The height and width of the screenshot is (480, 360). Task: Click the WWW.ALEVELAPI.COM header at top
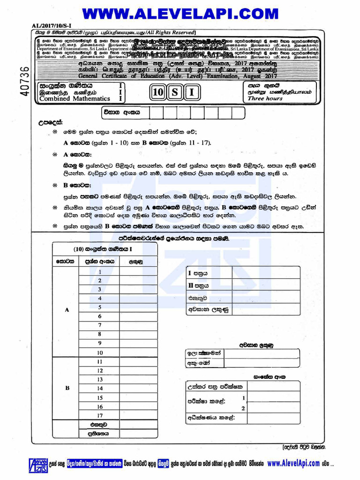click(180, 12)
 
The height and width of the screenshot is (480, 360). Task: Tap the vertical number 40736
click(25, 82)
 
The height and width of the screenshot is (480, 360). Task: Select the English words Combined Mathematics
click(75, 99)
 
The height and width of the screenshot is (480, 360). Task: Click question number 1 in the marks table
click(99, 272)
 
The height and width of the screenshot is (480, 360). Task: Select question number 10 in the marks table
click(99, 352)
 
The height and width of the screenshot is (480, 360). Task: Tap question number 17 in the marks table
click(99, 415)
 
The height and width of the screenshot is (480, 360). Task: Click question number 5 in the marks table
click(99, 307)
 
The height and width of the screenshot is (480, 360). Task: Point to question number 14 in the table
click(99, 389)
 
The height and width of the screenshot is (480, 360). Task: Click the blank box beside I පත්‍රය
click(266, 272)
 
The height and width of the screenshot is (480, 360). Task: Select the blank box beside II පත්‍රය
click(266, 285)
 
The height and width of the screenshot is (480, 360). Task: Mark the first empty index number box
click(156, 113)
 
